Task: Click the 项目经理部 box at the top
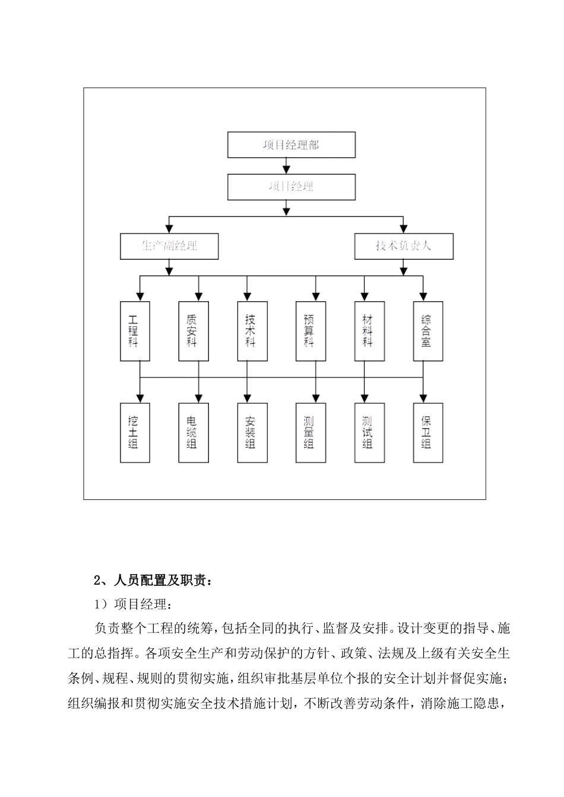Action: point(291,145)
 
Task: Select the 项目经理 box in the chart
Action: point(291,187)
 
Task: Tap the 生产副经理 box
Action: point(169,246)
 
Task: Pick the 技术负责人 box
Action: point(404,246)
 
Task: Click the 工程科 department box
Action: point(135,331)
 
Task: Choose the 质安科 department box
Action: point(194,331)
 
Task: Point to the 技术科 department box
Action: point(252,331)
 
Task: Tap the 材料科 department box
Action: point(369,331)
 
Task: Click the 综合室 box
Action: point(428,331)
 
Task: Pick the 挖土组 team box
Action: point(135,433)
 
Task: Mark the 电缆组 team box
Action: point(194,433)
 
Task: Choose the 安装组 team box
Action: point(252,433)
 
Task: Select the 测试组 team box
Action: point(369,433)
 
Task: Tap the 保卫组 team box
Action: point(428,433)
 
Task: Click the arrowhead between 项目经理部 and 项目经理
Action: point(287,170)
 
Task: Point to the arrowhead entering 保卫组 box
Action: point(423,398)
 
